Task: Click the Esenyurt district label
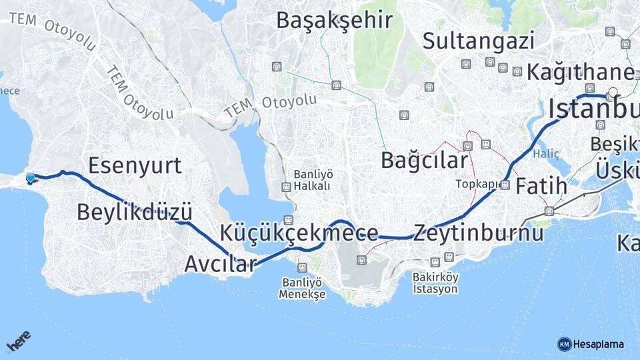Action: pyautogui.click(x=135, y=166)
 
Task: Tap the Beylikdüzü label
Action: pyautogui.click(x=135, y=212)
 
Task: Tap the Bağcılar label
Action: pyautogui.click(x=424, y=160)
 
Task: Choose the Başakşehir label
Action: pyautogui.click(x=334, y=20)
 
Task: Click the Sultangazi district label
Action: pyautogui.click(x=478, y=41)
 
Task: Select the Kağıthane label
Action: pyautogui.click(x=580, y=72)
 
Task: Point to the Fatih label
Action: pyautogui.click(x=541, y=185)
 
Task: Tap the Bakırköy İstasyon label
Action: pyautogui.click(x=435, y=283)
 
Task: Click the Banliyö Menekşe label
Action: pyautogui.click(x=302, y=287)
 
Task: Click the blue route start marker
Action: pyautogui.click(x=30, y=178)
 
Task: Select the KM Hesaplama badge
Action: pyautogui.click(x=591, y=344)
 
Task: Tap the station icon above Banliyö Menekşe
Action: pyautogui.click(x=302, y=267)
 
